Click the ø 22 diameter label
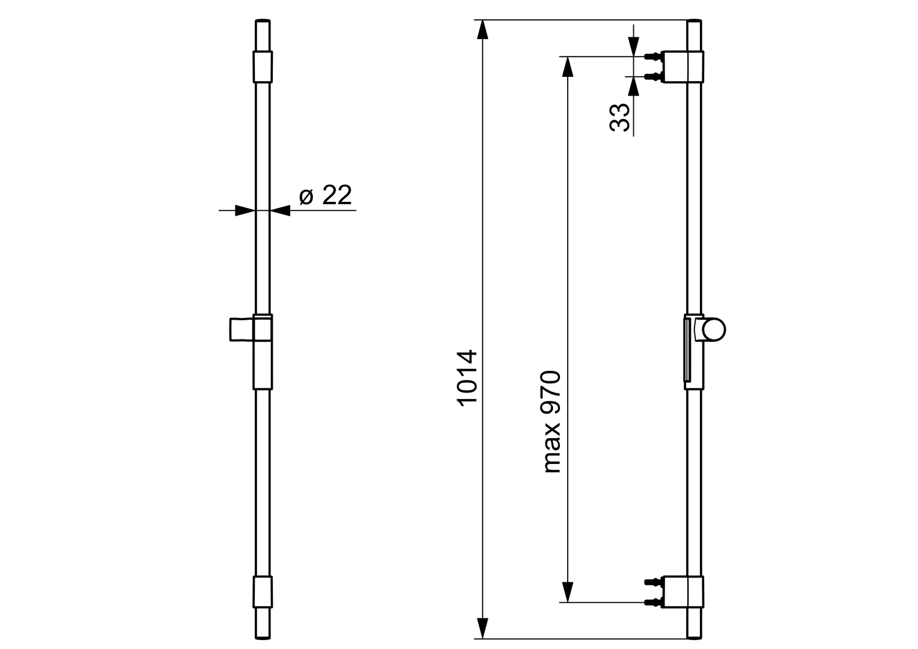tap(325, 196)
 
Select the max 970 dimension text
tap(551, 422)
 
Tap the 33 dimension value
tap(620, 117)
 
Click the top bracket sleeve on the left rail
tap(263, 66)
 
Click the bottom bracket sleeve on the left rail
tap(263, 593)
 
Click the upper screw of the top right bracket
tap(652, 56)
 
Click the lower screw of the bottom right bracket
tap(652, 602)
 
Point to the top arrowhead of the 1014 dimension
tap(481, 30)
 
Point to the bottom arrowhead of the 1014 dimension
tap(481, 628)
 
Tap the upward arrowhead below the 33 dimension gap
tap(633, 87)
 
